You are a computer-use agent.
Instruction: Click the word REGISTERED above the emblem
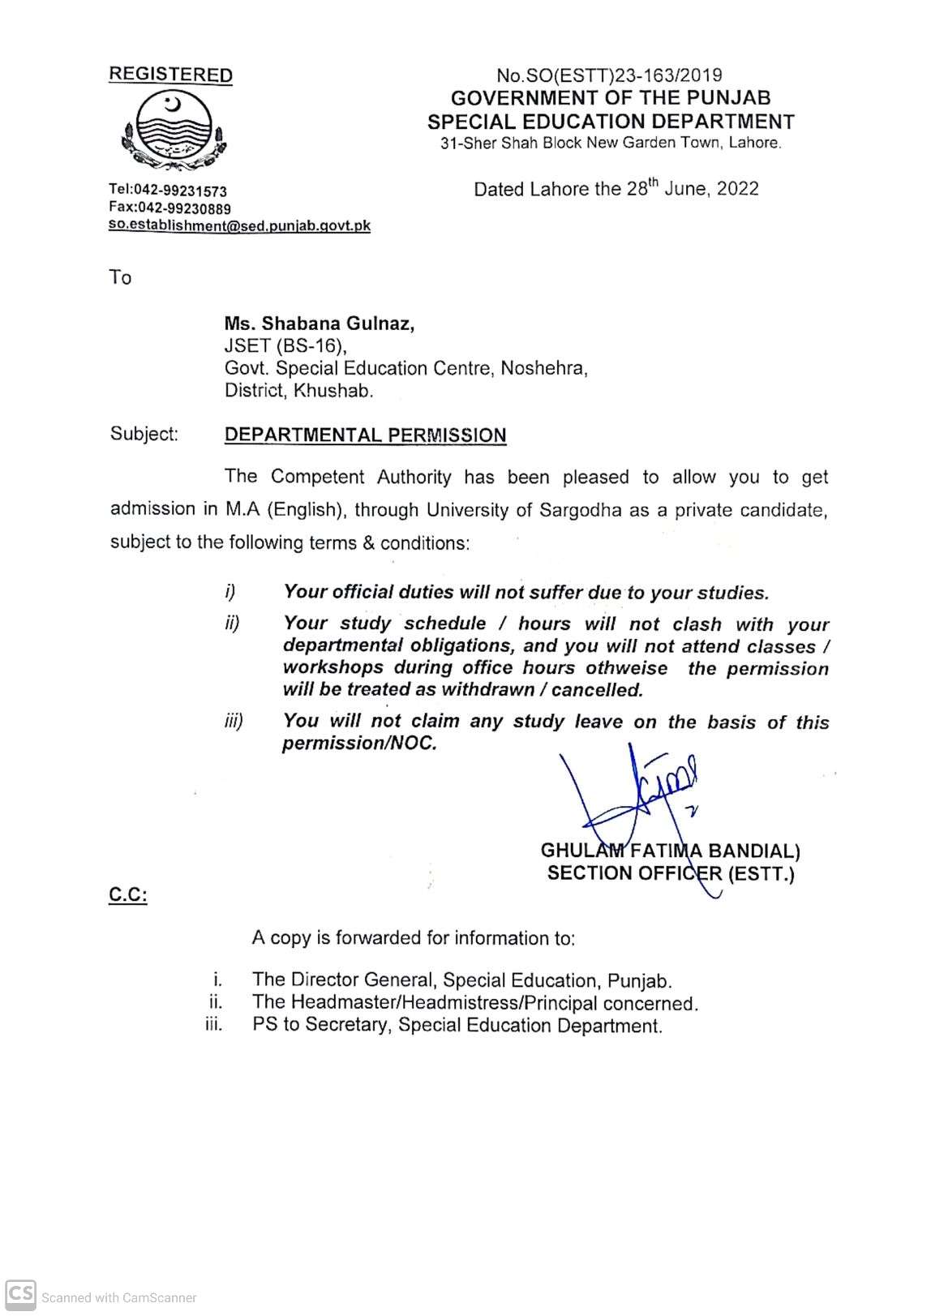[x=170, y=75]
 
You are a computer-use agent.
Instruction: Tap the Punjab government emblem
[x=174, y=131]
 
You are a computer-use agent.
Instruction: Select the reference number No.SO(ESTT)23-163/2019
[x=609, y=75]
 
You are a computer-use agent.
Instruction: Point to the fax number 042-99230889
[x=184, y=208]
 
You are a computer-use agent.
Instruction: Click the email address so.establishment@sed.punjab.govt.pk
[x=239, y=226]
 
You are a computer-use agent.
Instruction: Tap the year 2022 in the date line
[x=737, y=189]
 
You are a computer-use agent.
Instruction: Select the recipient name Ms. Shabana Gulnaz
[x=320, y=324]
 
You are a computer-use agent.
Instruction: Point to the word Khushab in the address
[x=333, y=391]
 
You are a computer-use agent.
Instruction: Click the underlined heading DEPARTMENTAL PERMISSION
[x=365, y=435]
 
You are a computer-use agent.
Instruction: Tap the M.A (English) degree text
[x=281, y=510]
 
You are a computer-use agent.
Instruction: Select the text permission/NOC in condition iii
[x=359, y=744]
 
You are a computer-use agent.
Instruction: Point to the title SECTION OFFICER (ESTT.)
[x=671, y=874]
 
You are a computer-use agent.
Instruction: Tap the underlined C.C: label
[x=128, y=896]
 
